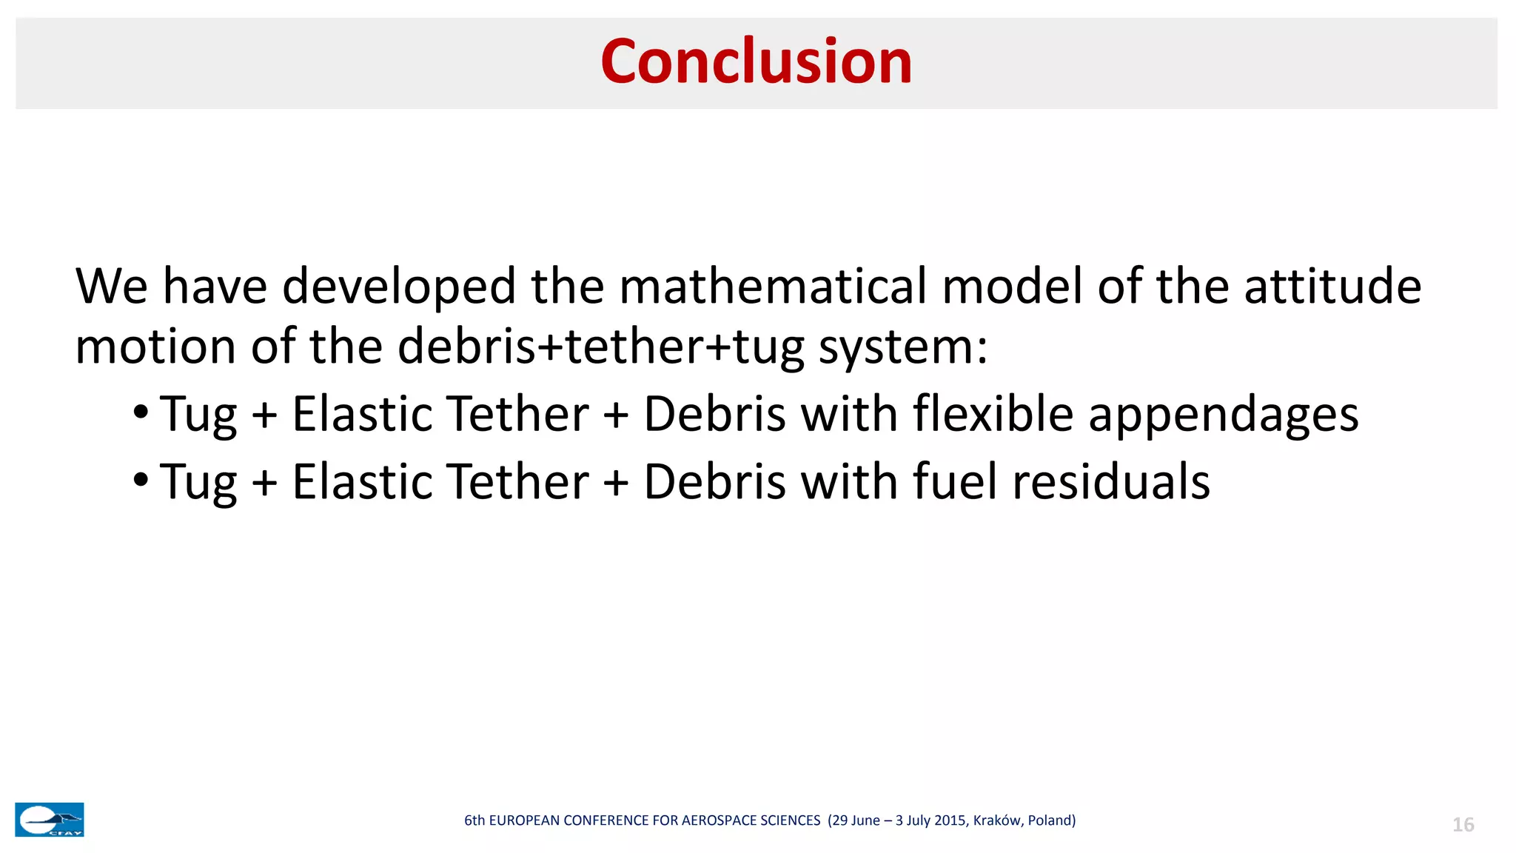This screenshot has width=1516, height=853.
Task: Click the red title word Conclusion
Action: [756, 61]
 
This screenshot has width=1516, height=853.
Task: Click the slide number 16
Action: [1463, 825]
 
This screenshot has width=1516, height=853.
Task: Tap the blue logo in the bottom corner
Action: [50, 820]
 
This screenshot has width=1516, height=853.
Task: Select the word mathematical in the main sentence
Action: [772, 287]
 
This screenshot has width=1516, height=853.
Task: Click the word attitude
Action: [1332, 287]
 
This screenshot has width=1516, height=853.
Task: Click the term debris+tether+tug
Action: [600, 347]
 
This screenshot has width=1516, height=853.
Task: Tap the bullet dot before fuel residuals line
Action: [141, 478]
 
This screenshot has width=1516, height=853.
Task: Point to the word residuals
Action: [1111, 481]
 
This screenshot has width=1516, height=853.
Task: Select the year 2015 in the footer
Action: [951, 820]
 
